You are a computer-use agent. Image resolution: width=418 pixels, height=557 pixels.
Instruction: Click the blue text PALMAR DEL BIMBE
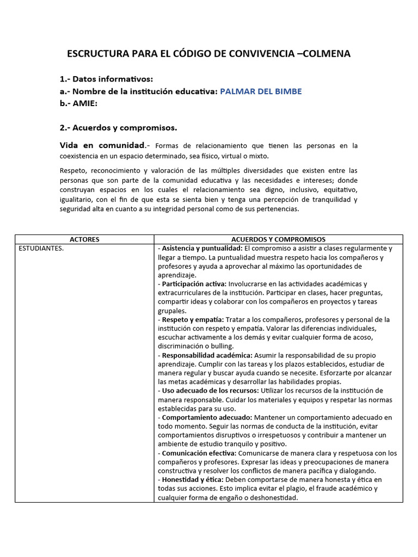[260, 91]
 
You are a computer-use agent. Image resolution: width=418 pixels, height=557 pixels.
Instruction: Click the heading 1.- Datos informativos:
[106, 79]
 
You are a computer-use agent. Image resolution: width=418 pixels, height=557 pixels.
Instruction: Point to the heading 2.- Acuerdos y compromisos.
[118, 128]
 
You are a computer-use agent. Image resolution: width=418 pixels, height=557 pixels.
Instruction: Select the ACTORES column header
[85, 239]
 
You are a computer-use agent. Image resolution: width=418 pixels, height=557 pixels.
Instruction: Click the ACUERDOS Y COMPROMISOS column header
[278, 239]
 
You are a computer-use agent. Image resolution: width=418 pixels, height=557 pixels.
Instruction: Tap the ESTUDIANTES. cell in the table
[41, 249]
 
